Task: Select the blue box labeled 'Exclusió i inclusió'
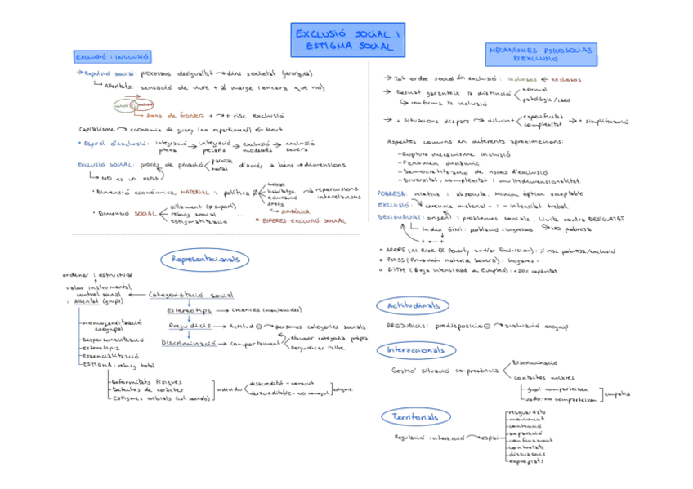pyautogui.click(x=112, y=57)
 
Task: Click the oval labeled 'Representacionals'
pyautogui.click(x=208, y=260)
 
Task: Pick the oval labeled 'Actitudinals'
pyautogui.click(x=412, y=305)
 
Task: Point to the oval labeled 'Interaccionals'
pyautogui.click(x=417, y=350)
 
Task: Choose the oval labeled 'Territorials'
pyautogui.click(x=416, y=417)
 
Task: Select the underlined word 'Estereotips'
pyautogui.click(x=189, y=311)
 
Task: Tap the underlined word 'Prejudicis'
pyautogui.click(x=190, y=327)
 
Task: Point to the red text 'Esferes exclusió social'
pyautogui.click(x=303, y=220)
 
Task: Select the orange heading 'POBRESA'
pyautogui.click(x=393, y=193)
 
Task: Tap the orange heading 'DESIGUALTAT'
pyautogui.click(x=400, y=218)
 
